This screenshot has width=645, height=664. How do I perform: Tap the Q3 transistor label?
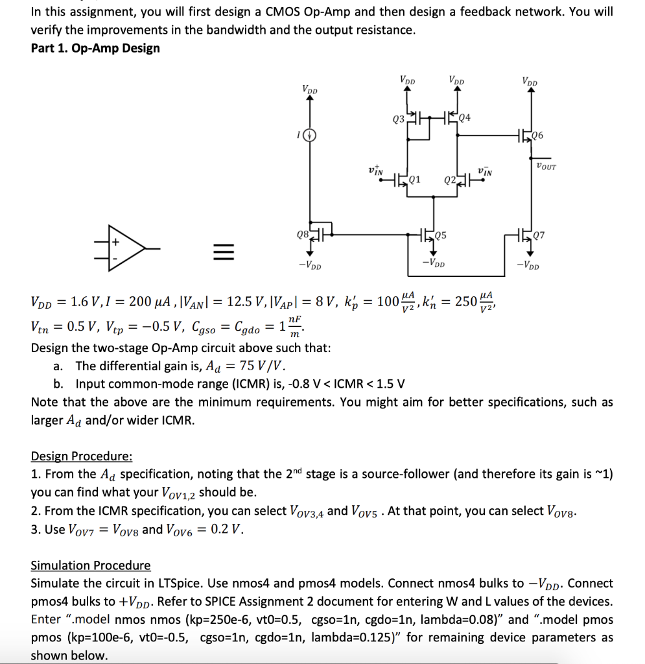point(399,119)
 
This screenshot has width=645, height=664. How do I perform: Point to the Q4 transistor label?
point(465,117)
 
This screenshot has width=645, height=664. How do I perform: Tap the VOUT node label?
point(546,167)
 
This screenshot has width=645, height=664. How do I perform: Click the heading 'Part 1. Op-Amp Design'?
point(95,49)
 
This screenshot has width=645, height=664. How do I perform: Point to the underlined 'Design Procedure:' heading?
point(82,456)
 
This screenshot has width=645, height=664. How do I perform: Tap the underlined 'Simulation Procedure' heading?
point(91,565)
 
